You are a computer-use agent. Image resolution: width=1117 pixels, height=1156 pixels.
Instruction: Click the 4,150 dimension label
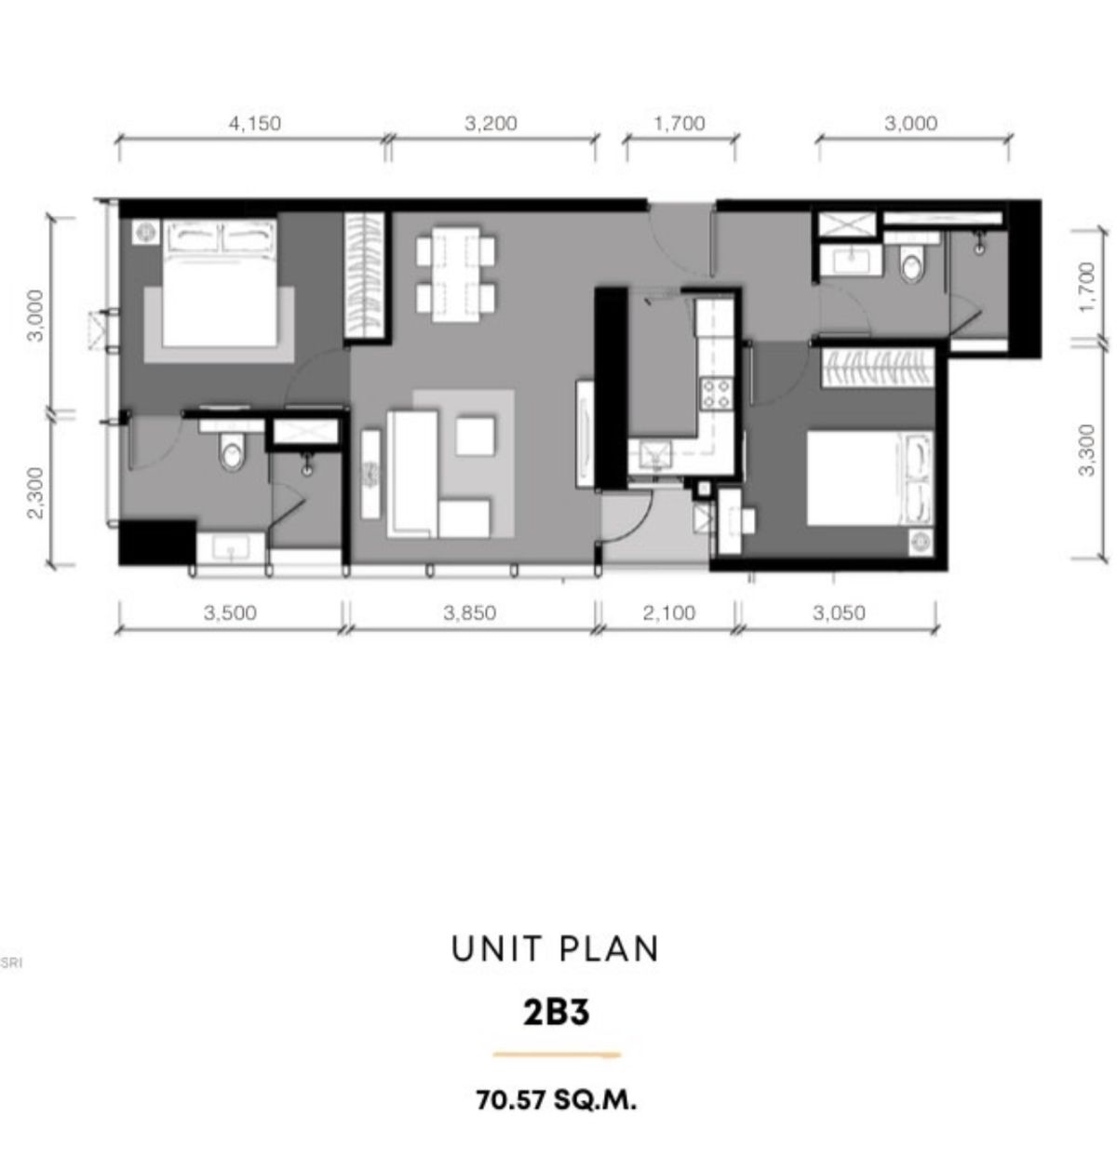[x=255, y=124]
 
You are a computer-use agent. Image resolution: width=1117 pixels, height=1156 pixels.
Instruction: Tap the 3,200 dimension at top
[x=491, y=124]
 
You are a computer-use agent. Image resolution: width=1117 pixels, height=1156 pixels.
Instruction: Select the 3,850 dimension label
[x=469, y=612]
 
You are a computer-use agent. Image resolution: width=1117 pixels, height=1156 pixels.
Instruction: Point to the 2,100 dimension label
[x=669, y=612]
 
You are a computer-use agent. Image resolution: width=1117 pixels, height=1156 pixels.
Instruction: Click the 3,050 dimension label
[x=839, y=612]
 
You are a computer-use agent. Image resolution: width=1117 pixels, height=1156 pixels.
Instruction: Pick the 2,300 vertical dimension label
[x=35, y=492]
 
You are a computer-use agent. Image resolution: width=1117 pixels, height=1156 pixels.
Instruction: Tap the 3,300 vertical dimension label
[x=1086, y=450]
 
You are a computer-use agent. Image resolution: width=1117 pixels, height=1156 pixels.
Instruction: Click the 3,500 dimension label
[x=230, y=612]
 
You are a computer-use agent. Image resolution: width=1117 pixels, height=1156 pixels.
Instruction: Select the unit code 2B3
[x=556, y=1013]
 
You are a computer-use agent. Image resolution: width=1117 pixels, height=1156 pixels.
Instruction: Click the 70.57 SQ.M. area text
[x=556, y=1101]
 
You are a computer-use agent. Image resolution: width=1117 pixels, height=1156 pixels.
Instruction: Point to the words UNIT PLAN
[x=556, y=948]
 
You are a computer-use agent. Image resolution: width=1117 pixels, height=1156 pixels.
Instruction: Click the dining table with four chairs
[x=456, y=274]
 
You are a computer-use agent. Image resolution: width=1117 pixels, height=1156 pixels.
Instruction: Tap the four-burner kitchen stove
[x=716, y=394]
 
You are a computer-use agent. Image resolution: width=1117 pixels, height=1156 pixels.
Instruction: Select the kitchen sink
[x=651, y=456]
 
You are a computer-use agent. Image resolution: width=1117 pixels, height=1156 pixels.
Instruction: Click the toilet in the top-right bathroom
[x=910, y=262]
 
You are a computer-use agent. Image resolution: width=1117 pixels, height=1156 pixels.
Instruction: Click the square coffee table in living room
[x=476, y=436]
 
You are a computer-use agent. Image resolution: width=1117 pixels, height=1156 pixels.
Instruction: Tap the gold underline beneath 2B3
[x=557, y=1055]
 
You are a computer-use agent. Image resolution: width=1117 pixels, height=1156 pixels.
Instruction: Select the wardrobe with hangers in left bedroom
[x=365, y=276]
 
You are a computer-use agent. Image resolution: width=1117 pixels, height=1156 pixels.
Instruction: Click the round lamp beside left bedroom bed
[x=145, y=232]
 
